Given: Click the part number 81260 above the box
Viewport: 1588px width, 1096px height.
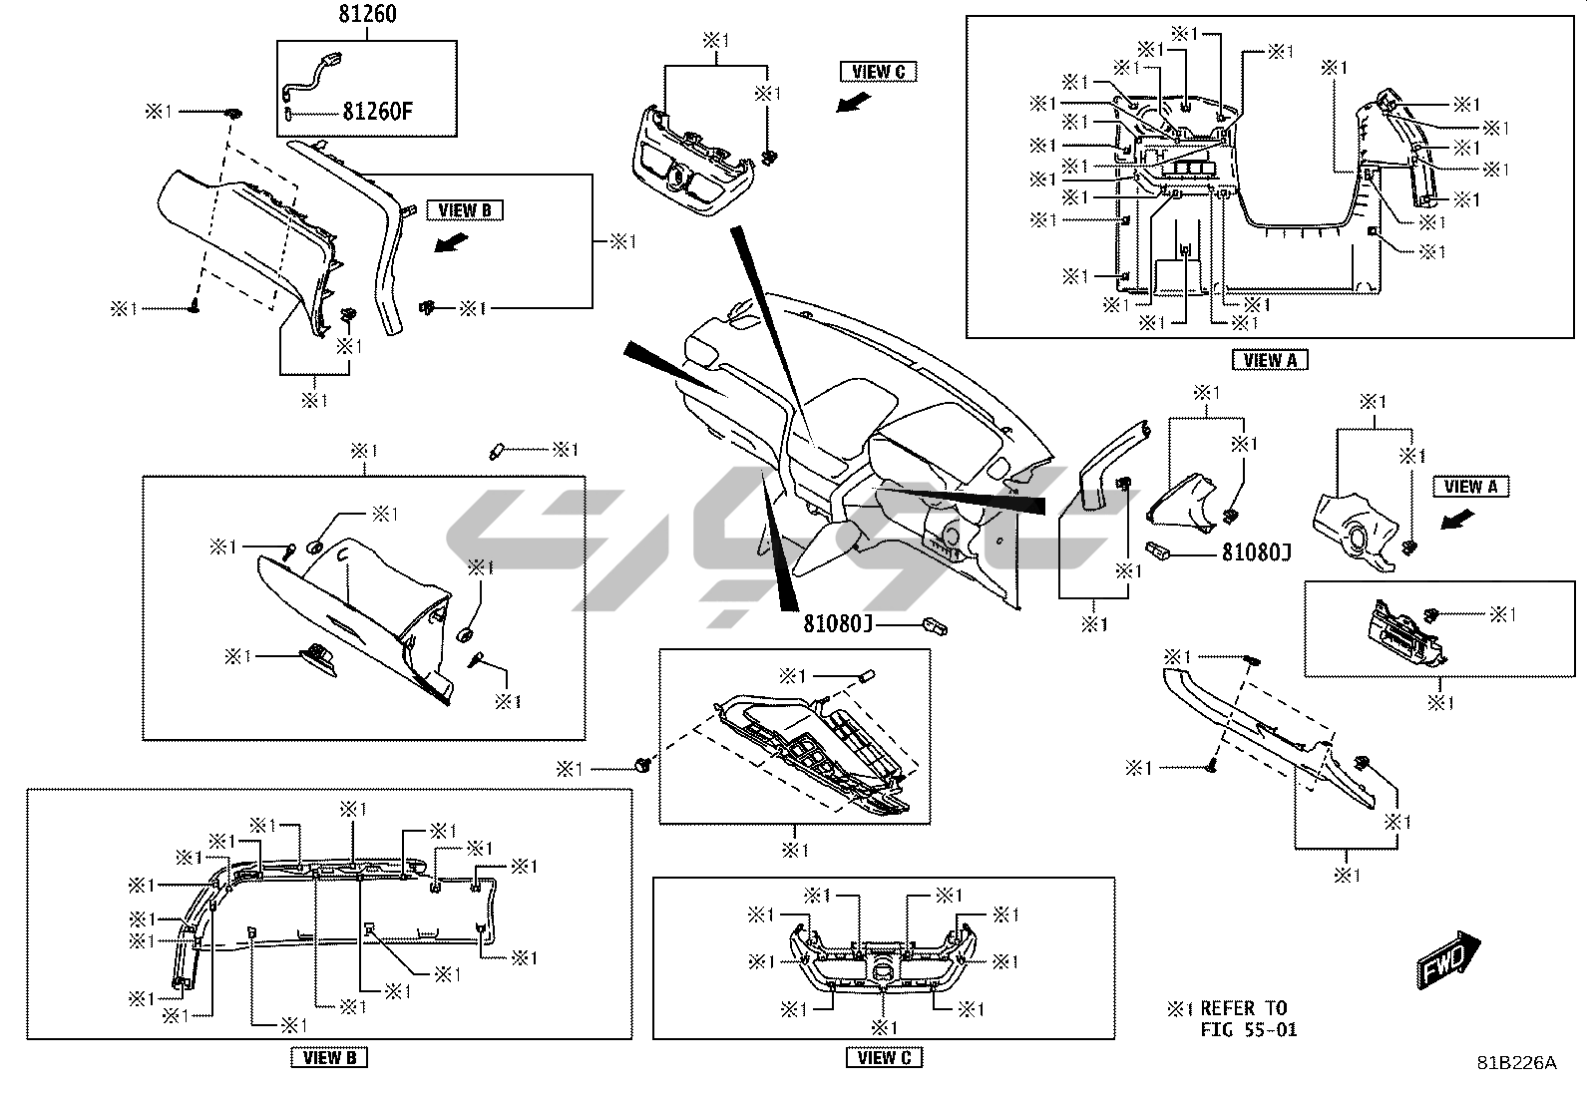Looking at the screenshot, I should pos(366,15).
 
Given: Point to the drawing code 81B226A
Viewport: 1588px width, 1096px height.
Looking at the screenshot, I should pos(1516,1063).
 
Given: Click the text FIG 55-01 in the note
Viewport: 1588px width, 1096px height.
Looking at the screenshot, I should pos(1249,1030).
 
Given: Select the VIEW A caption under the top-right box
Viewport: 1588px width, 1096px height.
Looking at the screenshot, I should pos(1270,360).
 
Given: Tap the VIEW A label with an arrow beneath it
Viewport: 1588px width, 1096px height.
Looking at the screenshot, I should pos(1470,487).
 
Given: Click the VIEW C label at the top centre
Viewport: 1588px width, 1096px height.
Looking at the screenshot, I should pos(879,71).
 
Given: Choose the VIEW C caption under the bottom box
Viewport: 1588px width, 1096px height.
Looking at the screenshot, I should pos(884,1057).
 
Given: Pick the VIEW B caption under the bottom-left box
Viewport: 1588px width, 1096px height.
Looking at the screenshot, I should pos(329,1057).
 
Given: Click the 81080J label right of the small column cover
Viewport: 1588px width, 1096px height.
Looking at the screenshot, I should pos(1256,550).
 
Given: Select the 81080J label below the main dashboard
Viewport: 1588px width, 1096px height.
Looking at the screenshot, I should pos(839,624).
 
